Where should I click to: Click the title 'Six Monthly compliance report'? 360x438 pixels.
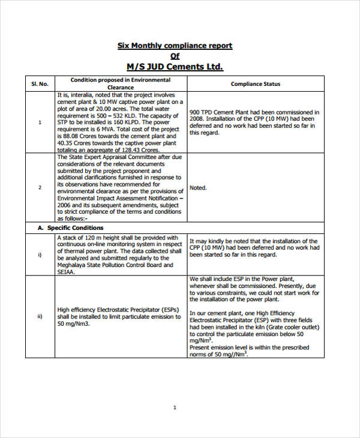(x=175, y=46)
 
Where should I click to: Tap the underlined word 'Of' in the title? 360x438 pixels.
(x=175, y=56)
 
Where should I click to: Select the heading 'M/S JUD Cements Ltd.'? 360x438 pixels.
(x=175, y=67)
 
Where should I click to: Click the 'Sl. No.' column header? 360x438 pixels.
(x=40, y=83)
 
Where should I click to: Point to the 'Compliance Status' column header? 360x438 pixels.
(x=255, y=84)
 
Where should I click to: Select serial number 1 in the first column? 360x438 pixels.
(x=40, y=122)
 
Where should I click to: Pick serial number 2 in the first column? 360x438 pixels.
(x=40, y=188)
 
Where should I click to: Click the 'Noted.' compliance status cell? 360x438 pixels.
(x=198, y=188)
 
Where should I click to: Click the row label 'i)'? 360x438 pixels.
(x=40, y=254)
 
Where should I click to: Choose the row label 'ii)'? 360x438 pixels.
(x=40, y=317)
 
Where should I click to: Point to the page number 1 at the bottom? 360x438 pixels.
(x=175, y=407)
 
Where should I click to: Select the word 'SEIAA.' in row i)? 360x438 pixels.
(x=66, y=272)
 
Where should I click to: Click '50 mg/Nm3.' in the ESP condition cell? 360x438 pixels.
(x=73, y=324)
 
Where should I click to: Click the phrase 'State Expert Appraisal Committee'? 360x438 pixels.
(x=102, y=157)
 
